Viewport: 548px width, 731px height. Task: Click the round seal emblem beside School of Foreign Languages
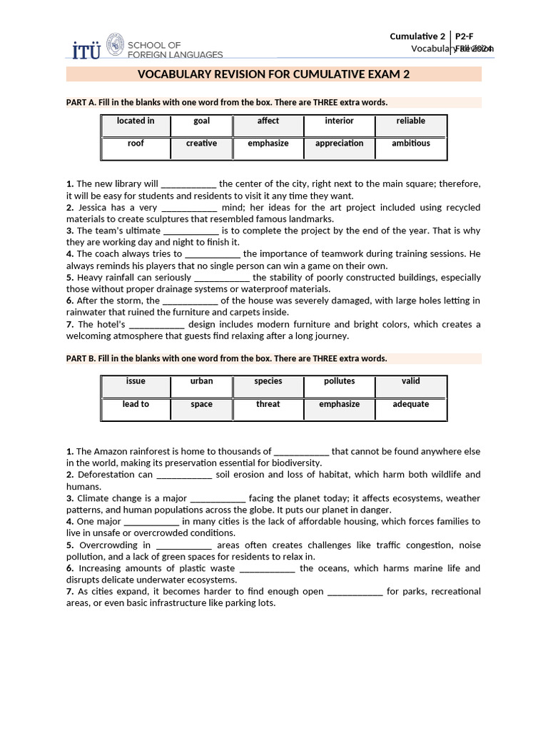pos(115,44)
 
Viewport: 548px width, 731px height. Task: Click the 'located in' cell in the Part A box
pos(136,121)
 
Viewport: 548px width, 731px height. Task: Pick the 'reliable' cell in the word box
pos(410,121)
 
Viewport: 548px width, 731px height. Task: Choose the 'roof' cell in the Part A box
pos(136,143)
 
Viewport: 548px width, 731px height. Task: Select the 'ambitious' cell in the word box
pos(410,143)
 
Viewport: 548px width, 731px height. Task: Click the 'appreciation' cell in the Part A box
pos(339,143)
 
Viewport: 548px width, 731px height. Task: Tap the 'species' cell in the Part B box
pos(268,381)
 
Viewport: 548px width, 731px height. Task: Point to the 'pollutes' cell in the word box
pos(339,381)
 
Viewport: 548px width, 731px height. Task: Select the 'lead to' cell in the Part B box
pos(136,404)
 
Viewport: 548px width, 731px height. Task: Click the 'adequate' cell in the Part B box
pos(410,404)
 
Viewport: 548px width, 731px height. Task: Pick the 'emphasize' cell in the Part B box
pos(339,404)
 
